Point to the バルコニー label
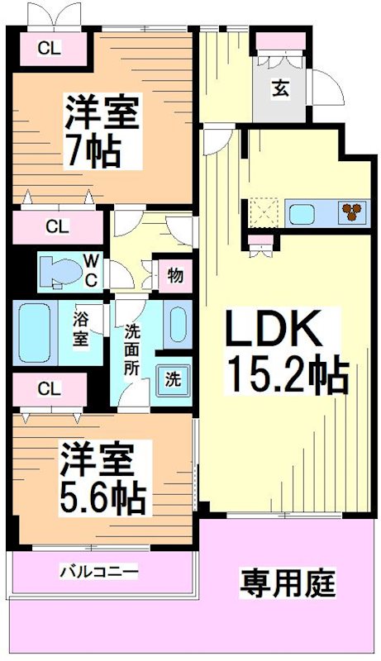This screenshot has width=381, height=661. (x=98, y=572)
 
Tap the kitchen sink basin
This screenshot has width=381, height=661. (x=303, y=213)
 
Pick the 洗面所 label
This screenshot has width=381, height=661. (x=132, y=350)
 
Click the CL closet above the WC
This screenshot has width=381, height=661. (x=56, y=225)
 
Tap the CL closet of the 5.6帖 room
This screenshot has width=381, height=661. (x=49, y=388)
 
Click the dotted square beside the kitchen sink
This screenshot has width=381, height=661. (x=262, y=212)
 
